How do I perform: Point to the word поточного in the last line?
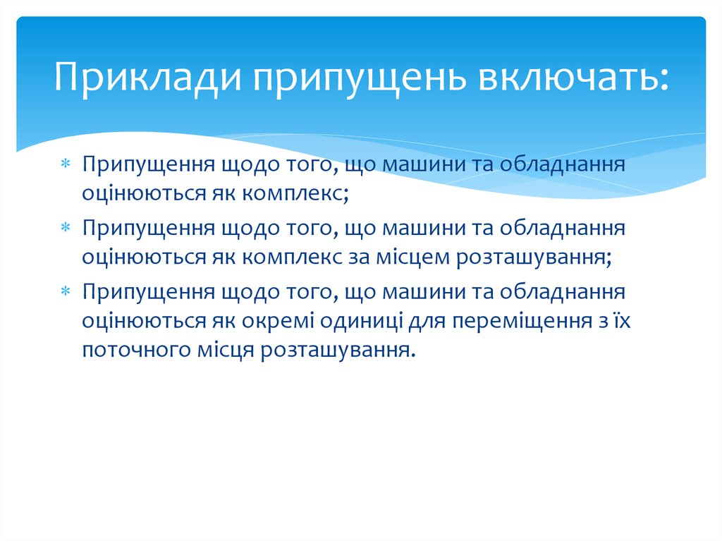(133, 349)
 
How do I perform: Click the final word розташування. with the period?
(336, 349)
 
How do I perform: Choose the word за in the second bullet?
(357, 257)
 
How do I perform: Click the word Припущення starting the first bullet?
(149, 164)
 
